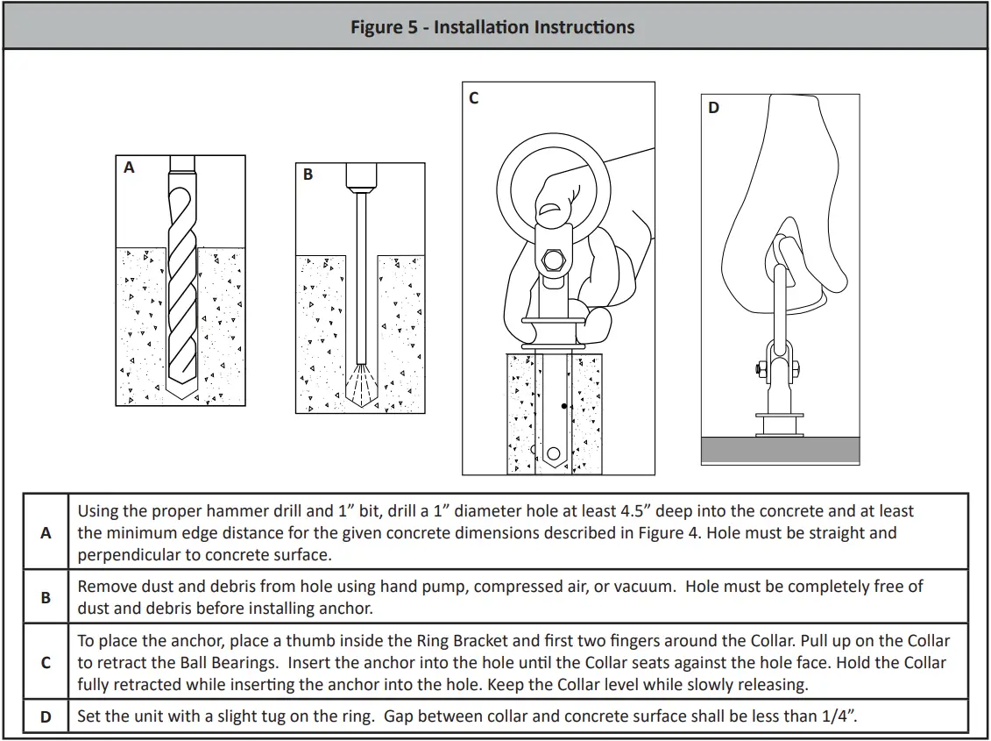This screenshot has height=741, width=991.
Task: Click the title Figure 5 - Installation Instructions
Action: tap(492, 27)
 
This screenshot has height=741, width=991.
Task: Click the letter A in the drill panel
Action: tap(129, 167)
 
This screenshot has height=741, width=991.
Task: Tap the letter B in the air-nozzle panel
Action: tap(308, 174)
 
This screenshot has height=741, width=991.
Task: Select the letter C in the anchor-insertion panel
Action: tap(474, 98)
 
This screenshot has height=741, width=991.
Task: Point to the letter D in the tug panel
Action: tap(713, 108)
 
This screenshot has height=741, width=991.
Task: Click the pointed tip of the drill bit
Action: tap(181, 398)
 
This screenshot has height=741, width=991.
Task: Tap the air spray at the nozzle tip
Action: tap(362, 385)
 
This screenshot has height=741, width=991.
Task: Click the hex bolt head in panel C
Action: tap(554, 260)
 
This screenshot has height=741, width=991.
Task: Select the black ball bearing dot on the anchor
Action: tap(563, 406)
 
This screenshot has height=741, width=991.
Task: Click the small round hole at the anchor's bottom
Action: tap(554, 453)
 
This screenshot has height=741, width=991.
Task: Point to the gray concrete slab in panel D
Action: tap(781, 450)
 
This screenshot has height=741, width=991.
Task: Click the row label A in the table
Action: tap(46, 533)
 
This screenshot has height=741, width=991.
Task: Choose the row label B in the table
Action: tap(46, 598)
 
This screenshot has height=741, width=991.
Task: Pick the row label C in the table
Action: tap(46, 663)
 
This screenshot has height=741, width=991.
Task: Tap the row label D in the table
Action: tap(46, 717)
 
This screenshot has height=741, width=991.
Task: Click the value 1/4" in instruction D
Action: tap(839, 716)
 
